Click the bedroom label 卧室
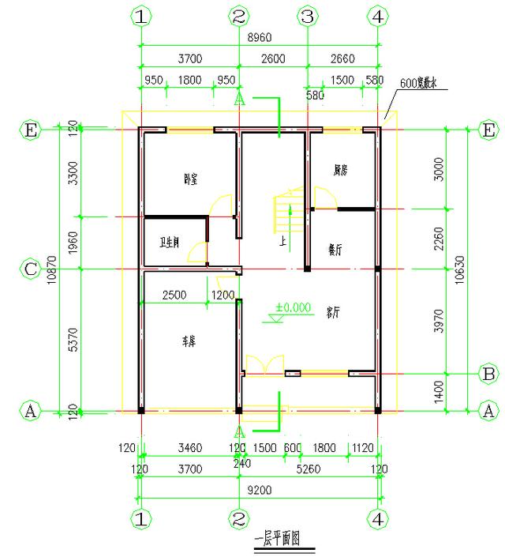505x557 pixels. click(190, 179)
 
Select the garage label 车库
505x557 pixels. click(189, 341)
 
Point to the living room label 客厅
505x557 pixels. click(333, 312)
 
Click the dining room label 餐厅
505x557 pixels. click(335, 248)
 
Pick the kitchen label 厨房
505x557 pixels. click(341, 169)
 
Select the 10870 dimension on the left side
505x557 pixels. click(52, 269)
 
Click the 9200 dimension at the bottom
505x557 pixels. click(260, 490)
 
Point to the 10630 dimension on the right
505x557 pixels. click(473, 269)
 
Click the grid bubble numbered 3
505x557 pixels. click(309, 16)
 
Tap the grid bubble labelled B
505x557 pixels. click(488, 373)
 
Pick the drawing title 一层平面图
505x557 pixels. click(279, 540)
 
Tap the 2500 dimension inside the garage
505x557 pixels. click(174, 295)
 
